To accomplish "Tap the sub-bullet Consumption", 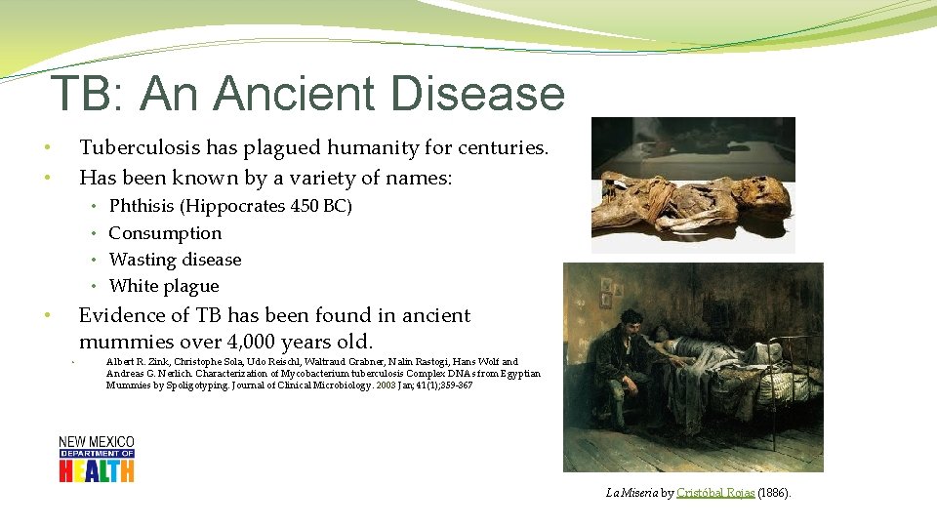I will [165, 233].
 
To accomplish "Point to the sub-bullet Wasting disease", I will [175, 260].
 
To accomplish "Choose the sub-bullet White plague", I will [164, 286].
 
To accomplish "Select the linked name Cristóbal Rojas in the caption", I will [714, 494].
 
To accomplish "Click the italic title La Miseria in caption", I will [632, 494].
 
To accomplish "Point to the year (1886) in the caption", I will [774, 494].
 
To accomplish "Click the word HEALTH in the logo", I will [96, 470].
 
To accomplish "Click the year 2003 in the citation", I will [387, 385].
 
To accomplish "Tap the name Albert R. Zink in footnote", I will [134, 362].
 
